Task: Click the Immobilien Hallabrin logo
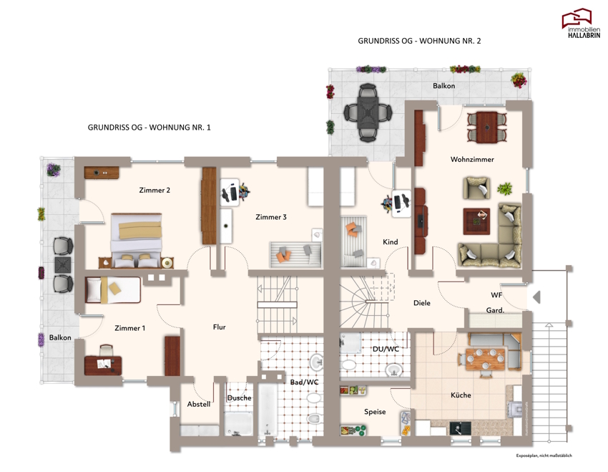coord(581,23)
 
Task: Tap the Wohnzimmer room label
coord(472,159)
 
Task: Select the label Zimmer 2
coord(155,191)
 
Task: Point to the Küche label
coord(461,395)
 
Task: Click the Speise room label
coord(375,412)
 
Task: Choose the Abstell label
coord(199,404)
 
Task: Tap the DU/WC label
coord(386,349)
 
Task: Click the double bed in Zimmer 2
coord(136,240)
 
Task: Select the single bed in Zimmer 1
coord(113,289)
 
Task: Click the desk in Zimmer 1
coord(103,365)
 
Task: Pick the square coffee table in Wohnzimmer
coord(476,221)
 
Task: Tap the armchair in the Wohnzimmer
coord(476,188)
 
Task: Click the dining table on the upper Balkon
coord(368,112)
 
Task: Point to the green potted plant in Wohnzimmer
coord(504,189)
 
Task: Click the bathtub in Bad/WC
coord(268,410)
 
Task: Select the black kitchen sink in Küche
coord(460,428)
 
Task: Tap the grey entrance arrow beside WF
coord(536,297)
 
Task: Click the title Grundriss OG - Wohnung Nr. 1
coord(149,127)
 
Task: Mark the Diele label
coord(421,303)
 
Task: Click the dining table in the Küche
coord(486,358)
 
